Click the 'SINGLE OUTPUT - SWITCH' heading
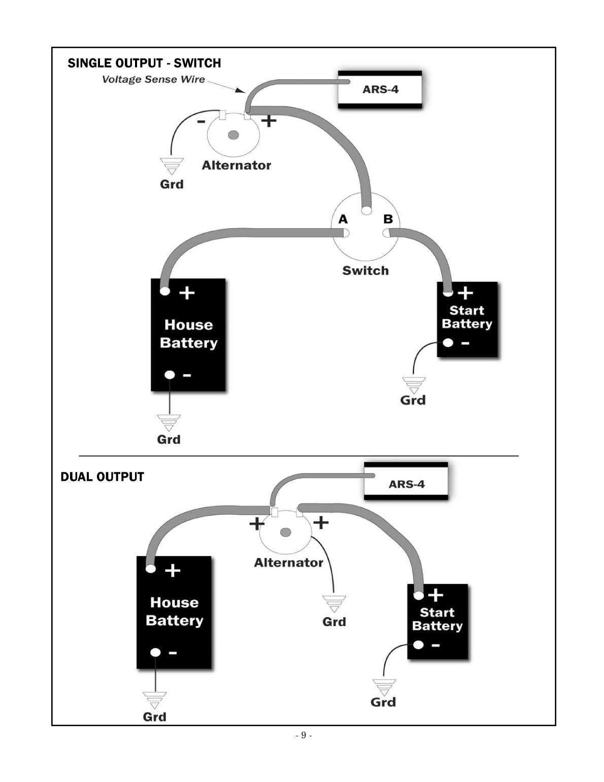coord(144,63)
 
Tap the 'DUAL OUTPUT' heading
coord(102,477)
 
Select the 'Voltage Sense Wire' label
coord(153,79)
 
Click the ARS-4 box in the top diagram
coord(380,90)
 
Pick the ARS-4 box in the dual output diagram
coord(406,484)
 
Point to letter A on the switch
coord(343,219)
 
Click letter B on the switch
coord(388,219)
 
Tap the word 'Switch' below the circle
coord(365,271)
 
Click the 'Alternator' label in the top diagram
coord(236,166)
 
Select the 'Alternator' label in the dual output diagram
coord(288,563)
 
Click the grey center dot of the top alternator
coord(233,135)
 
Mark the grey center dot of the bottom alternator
coord(285,532)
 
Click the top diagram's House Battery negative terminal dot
coord(170,375)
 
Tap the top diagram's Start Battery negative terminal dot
coord(448,343)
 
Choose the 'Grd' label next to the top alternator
coord(172,184)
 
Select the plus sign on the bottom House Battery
coord(173,571)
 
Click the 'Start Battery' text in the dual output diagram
coord(437,620)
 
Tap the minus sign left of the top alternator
coord(201,121)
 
